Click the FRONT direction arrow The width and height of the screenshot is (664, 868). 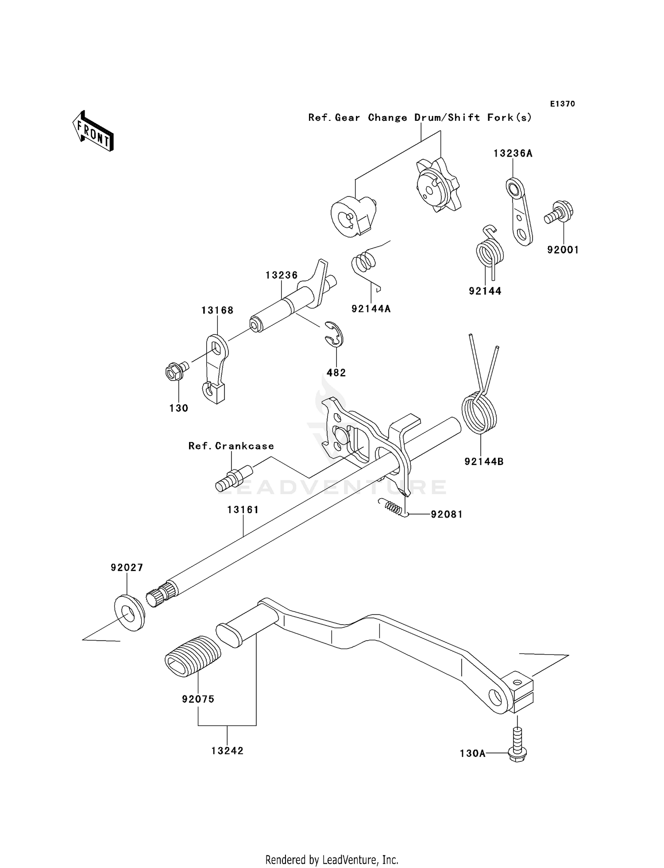[x=93, y=131]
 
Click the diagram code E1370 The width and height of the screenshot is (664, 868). [x=562, y=104]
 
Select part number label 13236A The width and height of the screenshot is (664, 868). [x=513, y=154]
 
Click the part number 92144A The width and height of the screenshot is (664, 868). [x=371, y=309]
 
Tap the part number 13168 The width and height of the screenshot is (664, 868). [x=217, y=311]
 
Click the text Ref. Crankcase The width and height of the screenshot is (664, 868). [x=231, y=446]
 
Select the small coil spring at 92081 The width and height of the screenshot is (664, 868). [x=391, y=507]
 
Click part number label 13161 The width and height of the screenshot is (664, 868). [x=243, y=510]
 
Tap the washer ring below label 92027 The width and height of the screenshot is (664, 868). [x=130, y=613]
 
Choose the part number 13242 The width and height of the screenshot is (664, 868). [x=227, y=751]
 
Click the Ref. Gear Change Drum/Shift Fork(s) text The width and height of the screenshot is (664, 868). [x=420, y=118]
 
